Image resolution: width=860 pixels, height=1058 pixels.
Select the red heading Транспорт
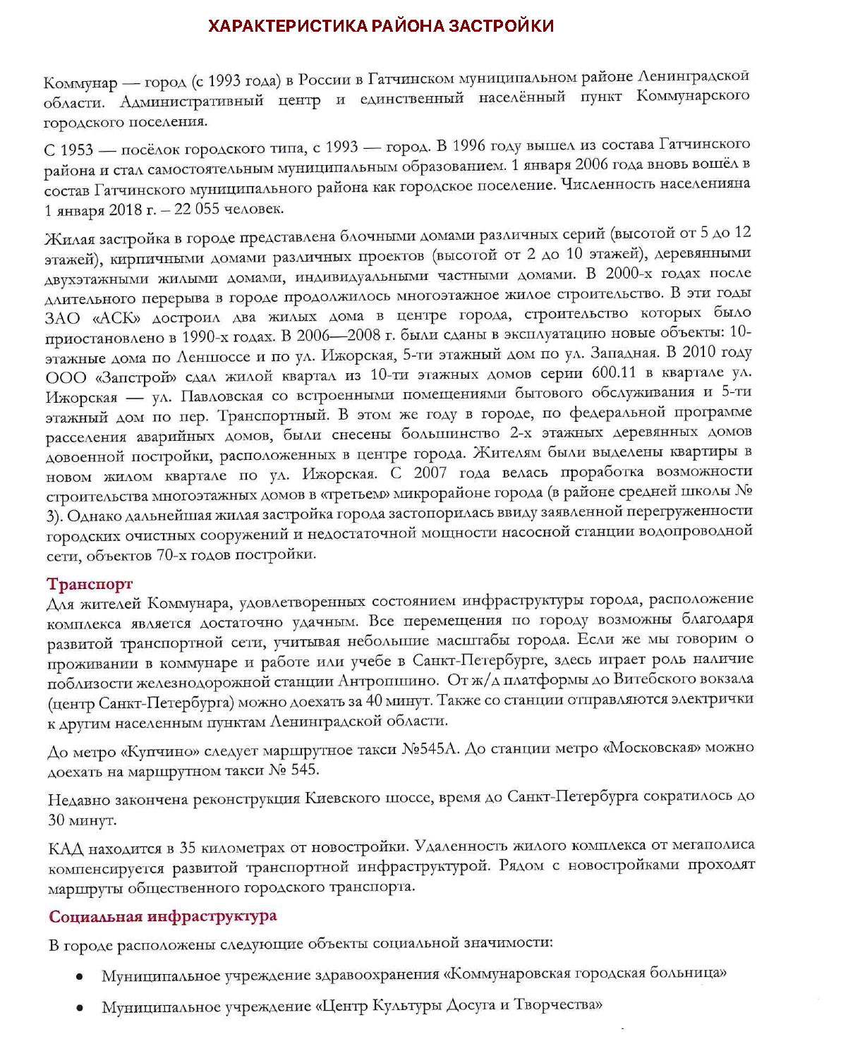[x=90, y=584]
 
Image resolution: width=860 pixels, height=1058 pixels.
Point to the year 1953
[x=76, y=150]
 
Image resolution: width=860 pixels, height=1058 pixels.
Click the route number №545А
[x=430, y=748]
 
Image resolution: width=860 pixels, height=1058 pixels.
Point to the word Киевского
[x=341, y=798]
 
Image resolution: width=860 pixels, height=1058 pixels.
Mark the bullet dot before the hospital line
[x=80, y=977]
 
